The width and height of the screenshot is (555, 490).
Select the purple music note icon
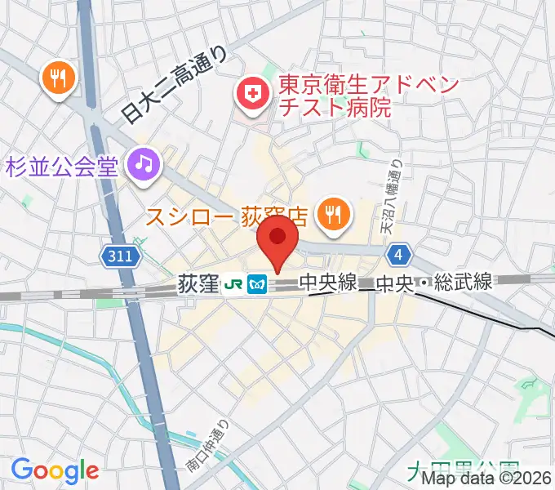(x=144, y=164)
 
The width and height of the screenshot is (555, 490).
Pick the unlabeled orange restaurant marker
(x=57, y=78)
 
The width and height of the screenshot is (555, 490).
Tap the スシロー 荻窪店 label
(x=226, y=216)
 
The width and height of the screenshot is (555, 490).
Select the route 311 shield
(x=119, y=256)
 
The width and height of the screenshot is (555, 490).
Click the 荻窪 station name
(x=198, y=284)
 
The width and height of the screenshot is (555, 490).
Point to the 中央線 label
(x=327, y=283)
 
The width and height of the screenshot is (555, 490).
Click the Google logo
(x=55, y=470)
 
